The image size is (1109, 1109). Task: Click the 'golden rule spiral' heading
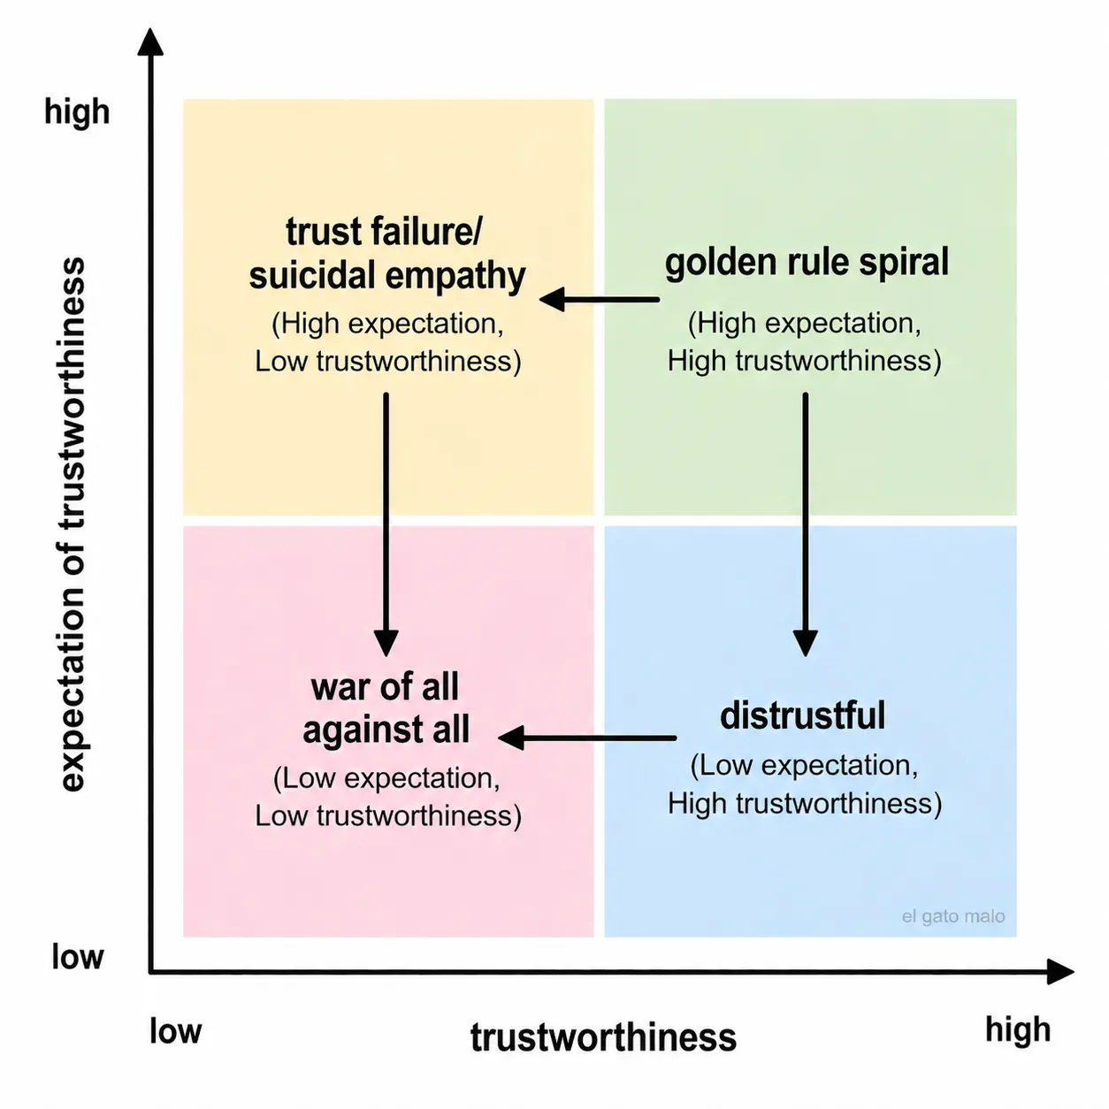pos(807,263)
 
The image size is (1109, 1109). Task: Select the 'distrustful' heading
pos(802,715)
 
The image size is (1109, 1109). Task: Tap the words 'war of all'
pos(385,686)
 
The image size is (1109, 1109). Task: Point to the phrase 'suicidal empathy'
pos(387,276)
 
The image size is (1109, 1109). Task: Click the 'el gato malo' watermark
pos(952,916)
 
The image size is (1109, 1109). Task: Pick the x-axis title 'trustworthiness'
pos(603,1037)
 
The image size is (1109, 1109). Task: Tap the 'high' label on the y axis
pos(77,112)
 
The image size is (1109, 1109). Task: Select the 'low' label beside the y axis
pos(77,957)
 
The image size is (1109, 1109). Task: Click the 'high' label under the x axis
pos(1018,1029)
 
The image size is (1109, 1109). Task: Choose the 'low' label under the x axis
pos(175,1031)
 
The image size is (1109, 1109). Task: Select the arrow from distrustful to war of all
pos(587,737)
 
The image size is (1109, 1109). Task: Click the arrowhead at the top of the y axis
pos(151,42)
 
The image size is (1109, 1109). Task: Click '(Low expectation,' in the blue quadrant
pos(804,765)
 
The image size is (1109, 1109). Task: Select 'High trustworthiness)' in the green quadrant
pos(804,361)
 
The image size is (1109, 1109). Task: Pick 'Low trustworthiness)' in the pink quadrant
pos(388,815)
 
